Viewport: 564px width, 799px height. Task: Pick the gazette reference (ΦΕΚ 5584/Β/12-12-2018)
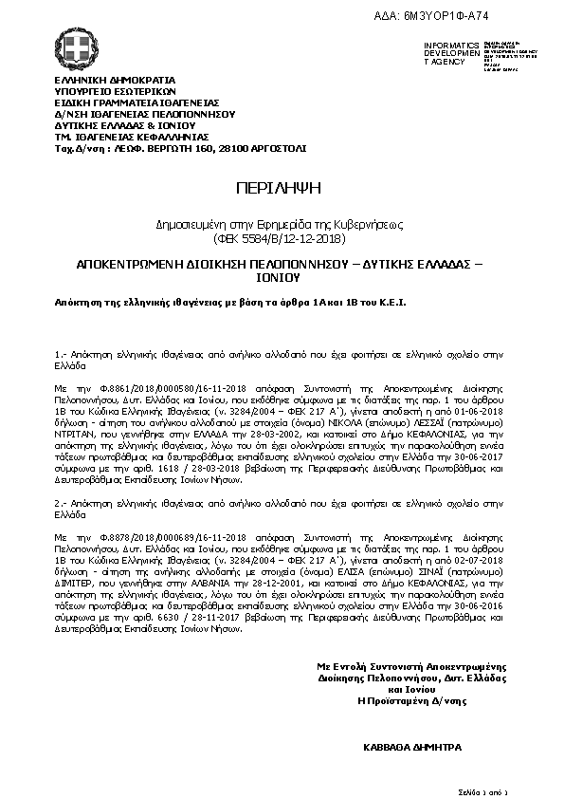click(282, 238)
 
